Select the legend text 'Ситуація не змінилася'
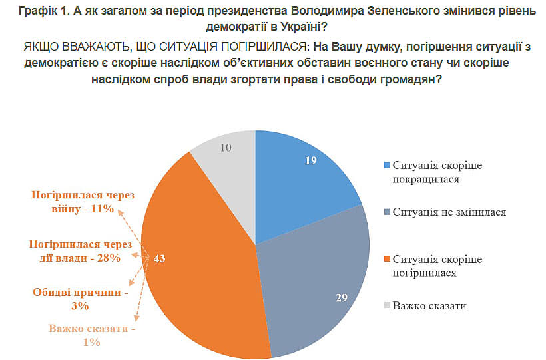449,212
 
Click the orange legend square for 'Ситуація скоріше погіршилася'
386,259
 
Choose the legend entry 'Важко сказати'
429,305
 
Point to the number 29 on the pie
342,297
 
